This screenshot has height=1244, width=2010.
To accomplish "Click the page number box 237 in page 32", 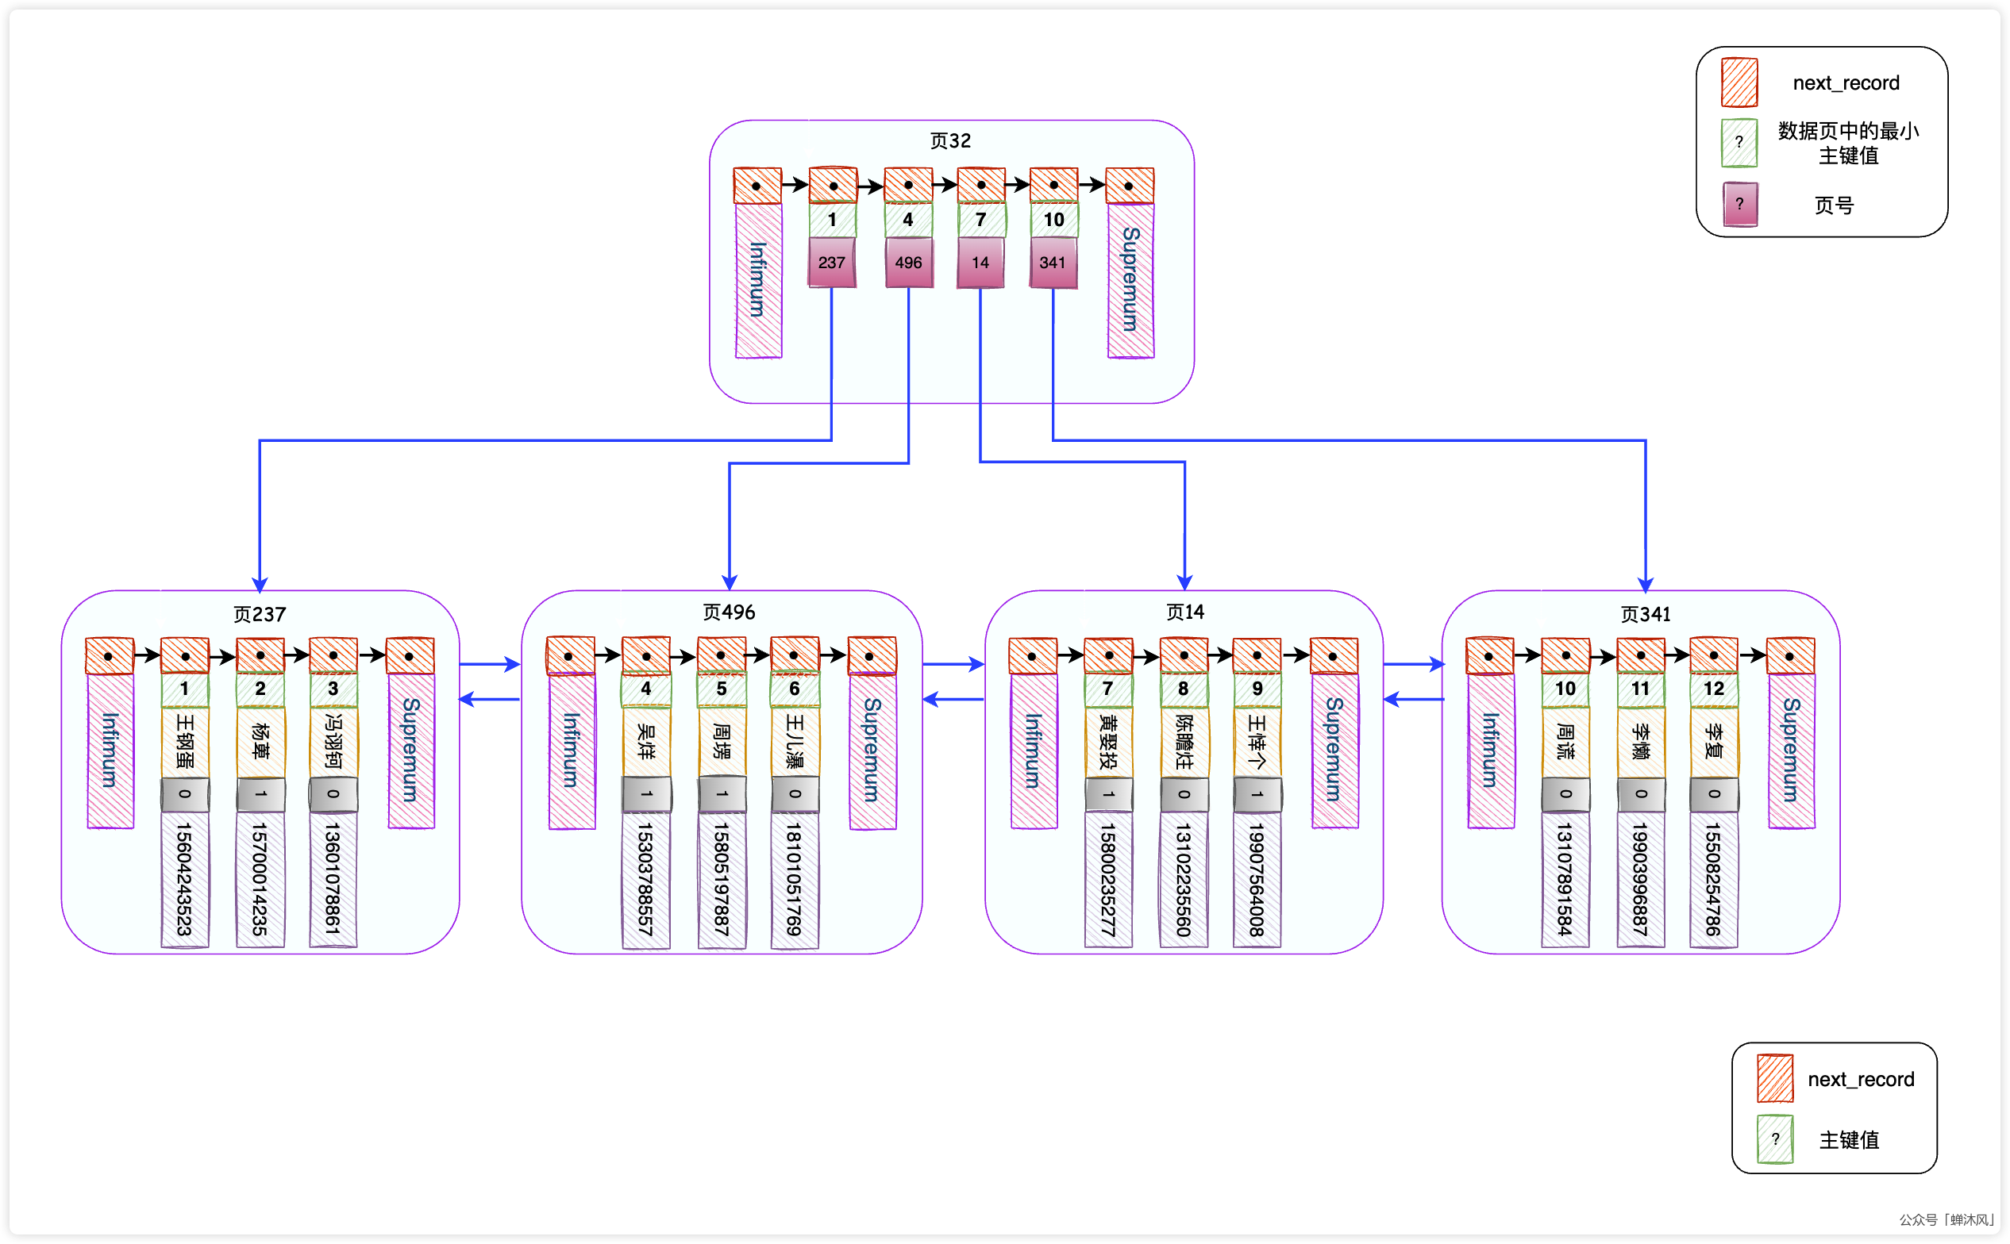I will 831,263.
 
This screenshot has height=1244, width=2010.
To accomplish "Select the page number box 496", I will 908,263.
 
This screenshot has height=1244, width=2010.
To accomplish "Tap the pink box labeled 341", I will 1053,263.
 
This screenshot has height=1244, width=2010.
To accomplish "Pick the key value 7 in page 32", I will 980,220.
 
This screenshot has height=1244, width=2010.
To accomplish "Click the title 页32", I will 950,140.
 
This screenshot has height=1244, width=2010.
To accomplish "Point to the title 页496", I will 729,612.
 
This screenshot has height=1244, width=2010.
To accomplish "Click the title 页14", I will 1184,612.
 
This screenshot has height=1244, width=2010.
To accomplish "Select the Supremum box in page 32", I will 1130,280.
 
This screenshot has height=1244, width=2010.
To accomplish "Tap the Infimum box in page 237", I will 110,750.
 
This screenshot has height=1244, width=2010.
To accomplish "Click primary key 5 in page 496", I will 721,689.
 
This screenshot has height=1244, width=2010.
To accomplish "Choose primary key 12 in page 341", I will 1713,689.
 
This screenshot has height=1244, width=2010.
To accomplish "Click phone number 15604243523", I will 184,879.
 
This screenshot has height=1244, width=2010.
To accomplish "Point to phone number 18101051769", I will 794,879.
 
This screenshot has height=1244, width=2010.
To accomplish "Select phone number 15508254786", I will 1713,879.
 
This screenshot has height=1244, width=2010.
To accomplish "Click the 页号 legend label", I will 1834,205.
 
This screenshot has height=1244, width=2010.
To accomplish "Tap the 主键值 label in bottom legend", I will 1848,1139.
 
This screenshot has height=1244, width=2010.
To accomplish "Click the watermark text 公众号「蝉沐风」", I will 1946,1219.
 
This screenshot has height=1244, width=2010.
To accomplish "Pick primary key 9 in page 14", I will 1257,689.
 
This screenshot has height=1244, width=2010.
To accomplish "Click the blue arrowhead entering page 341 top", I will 1645,584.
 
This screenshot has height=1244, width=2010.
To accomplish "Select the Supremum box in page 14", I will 1334,750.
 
